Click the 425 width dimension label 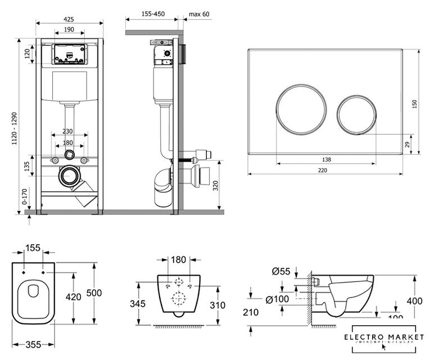tap(69, 19)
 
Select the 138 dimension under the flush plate tap(327, 160)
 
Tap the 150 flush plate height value tap(415, 104)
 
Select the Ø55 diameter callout tap(281, 272)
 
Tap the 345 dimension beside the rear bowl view tap(138, 304)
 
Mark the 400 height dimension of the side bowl tap(414, 301)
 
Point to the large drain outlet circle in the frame tap(70, 177)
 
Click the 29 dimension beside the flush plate tap(408, 145)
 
